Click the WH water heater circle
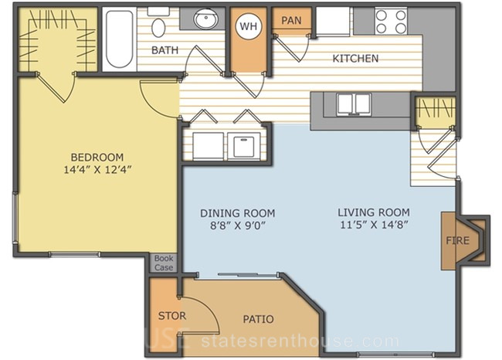(249, 26)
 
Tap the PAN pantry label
(291, 21)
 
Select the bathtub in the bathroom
(120, 39)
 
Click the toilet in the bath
(158, 23)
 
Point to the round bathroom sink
(205, 19)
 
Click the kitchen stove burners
(391, 22)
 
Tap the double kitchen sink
(354, 104)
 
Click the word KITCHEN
(355, 58)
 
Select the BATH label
(165, 50)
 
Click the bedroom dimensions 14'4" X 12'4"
(97, 169)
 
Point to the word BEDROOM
(97, 158)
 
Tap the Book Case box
(164, 263)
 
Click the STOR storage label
(172, 316)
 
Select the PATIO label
(259, 319)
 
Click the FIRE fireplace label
(457, 240)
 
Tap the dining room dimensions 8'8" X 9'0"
(238, 226)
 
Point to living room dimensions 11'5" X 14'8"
(374, 225)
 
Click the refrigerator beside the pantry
(333, 21)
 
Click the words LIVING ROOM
(374, 212)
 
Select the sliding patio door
(238, 275)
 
